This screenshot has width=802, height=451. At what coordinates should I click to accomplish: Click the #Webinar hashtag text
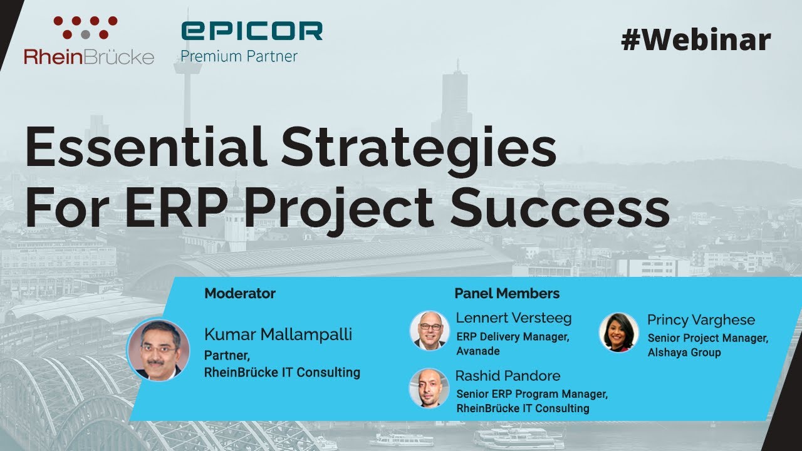695,41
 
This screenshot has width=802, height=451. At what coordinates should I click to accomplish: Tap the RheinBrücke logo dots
85,27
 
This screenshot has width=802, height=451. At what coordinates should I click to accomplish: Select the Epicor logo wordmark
252,31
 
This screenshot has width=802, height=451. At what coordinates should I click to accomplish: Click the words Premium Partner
239,56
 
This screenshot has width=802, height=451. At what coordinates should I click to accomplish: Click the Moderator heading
240,293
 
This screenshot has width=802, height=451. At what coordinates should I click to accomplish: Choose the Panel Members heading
507,293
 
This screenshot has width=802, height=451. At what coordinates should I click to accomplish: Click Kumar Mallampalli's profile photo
158,350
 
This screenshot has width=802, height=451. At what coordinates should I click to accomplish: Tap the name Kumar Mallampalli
278,334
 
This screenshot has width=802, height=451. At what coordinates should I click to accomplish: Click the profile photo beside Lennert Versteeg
429,329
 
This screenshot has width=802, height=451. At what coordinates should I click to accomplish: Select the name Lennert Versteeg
514,318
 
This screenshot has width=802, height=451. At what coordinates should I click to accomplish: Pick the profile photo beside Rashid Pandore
429,388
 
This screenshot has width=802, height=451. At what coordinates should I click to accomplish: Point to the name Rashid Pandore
508,376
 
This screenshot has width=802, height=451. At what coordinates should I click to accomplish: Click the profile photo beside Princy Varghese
618,332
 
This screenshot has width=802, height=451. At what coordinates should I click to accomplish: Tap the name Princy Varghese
701,320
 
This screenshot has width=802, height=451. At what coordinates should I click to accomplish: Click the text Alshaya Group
684,353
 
